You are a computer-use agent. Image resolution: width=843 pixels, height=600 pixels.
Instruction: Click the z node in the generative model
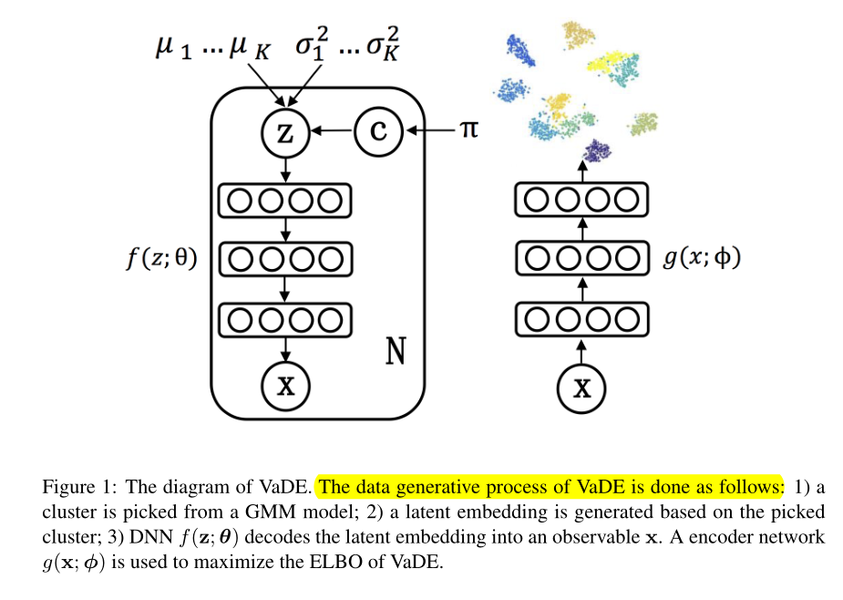[286, 133]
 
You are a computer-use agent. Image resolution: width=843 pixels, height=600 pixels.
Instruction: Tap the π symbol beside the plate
[467, 130]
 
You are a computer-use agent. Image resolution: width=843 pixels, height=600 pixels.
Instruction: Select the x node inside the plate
[286, 385]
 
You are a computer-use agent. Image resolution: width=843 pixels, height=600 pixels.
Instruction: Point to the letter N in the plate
[395, 351]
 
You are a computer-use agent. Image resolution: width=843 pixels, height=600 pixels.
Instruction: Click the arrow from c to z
[332, 132]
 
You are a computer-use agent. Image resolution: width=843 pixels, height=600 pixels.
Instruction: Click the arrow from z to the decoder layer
[286, 170]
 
